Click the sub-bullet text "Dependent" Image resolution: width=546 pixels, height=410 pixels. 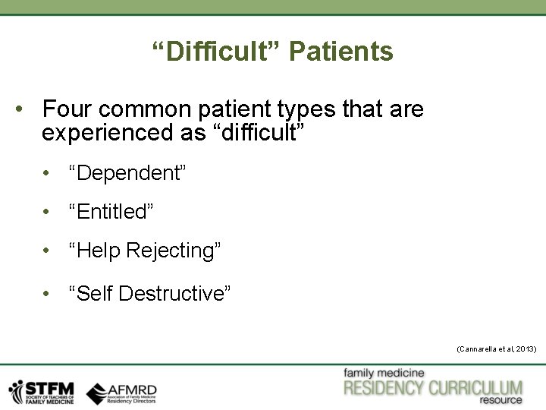[127, 172]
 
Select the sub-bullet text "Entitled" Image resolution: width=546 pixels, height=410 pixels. [111, 212]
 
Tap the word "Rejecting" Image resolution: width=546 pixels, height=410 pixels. [174, 251]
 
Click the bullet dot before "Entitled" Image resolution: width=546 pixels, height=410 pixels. [47, 213]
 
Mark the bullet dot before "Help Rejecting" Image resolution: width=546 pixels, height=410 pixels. [47, 251]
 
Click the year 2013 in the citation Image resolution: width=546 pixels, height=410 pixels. [525, 348]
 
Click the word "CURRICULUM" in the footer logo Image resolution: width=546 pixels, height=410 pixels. [475, 389]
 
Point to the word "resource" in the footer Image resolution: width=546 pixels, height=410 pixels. [500, 400]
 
